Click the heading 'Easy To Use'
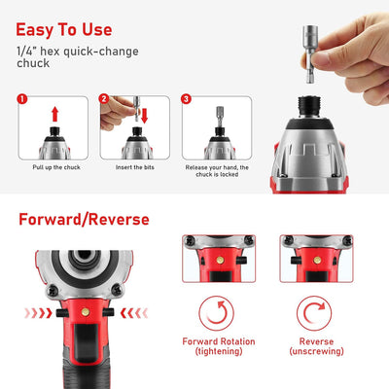pyautogui.click(x=64, y=29)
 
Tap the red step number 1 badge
pyautogui.click(x=23, y=98)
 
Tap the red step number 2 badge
pyautogui.click(x=104, y=98)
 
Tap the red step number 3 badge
pyautogui.click(x=185, y=98)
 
